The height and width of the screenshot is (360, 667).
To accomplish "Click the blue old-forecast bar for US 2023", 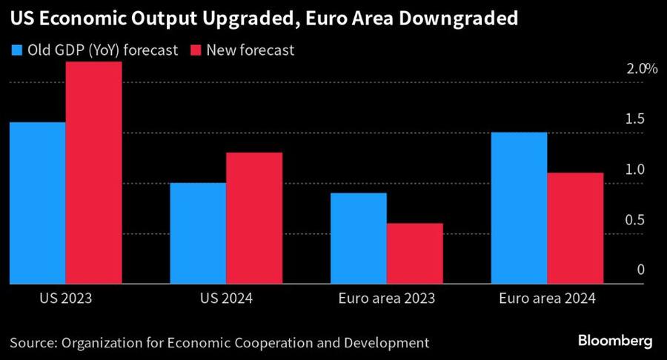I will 37,203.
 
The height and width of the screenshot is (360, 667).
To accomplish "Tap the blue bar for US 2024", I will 198,233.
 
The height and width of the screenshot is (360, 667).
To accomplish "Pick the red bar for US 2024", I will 254,218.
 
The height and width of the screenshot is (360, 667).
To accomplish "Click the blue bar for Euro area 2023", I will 359,239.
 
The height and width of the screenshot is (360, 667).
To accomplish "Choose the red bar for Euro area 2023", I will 415,253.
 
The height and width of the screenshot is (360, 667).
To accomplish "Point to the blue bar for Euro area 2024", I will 519,208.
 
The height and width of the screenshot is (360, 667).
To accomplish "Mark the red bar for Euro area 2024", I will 575,228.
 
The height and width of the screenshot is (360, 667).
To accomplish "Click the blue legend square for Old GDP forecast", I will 16,50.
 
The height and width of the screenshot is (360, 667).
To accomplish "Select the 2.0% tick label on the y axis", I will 641,69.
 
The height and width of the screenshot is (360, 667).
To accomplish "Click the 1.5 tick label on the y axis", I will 636,119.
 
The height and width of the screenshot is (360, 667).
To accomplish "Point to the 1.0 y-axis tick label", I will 636,170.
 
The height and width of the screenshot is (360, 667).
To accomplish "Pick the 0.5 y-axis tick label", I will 636,220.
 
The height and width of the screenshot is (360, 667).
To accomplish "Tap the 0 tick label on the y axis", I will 641,270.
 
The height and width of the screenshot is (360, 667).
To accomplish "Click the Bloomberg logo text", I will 614,341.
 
